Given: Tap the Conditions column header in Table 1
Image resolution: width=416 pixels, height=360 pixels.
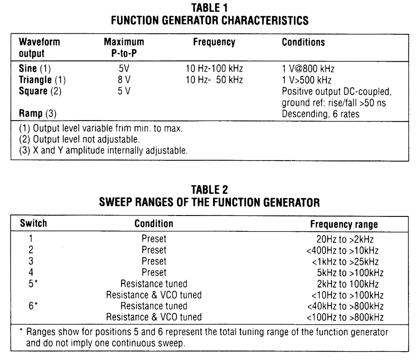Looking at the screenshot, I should tap(303, 43).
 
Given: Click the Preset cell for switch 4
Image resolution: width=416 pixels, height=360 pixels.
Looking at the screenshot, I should tap(153, 271).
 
